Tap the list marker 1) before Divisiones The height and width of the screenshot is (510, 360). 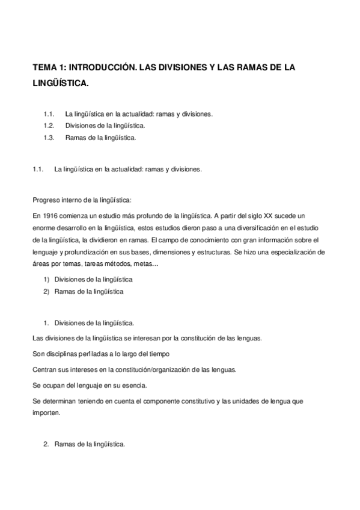click(x=46, y=279)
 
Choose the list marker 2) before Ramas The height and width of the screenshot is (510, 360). click(x=46, y=291)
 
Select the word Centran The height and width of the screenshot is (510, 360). click(x=44, y=368)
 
